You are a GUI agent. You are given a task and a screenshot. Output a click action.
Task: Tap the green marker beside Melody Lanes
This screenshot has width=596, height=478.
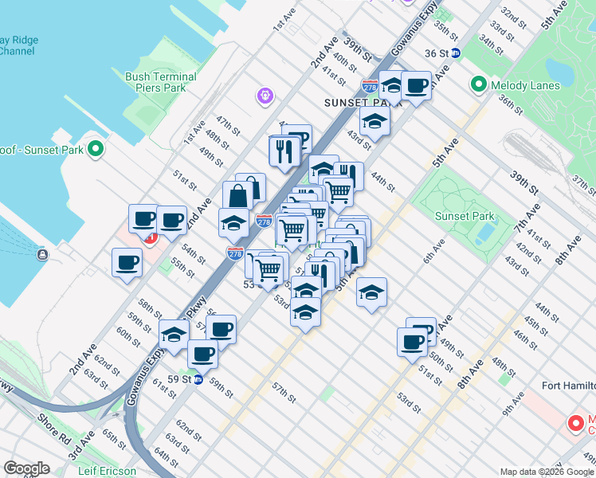pyautogui.click(x=479, y=83)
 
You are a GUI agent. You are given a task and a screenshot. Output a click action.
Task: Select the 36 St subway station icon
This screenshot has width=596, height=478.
pyautogui.click(x=455, y=53)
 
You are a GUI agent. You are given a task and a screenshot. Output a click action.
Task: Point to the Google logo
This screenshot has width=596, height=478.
pyautogui.click(x=26, y=468)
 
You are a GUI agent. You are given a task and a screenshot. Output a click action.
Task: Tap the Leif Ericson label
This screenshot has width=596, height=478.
pyautogui.click(x=107, y=471)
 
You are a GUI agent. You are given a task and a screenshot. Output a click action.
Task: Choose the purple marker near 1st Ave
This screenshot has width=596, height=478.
pyautogui.click(x=265, y=96)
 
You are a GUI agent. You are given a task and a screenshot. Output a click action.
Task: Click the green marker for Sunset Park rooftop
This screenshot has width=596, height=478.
pyautogui.click(x=95, y=148)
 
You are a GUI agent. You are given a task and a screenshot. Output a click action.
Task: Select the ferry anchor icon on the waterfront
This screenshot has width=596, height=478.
pyautogui.click(x=41, y=255)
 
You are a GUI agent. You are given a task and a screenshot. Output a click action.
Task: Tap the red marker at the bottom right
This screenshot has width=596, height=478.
pyautogui.click(x=574, y=423)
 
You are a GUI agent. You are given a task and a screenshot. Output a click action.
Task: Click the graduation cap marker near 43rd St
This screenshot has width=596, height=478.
pyautogui.click(x=374, y=123)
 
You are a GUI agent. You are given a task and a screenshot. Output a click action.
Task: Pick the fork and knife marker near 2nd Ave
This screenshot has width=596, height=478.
pyautogui.click(x=284, y=149)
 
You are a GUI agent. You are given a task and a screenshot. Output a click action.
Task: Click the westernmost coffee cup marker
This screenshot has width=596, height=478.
pyautogui.click(x=127, y=262)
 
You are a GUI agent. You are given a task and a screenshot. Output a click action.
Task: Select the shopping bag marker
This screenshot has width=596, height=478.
pyautogui.click(x=239, y=195)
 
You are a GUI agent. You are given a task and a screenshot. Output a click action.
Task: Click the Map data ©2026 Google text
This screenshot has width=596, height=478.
pyautogui.click(x=546, y=472)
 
